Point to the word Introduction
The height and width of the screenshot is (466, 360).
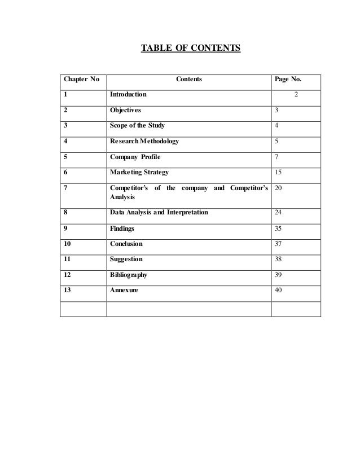pos(128,94)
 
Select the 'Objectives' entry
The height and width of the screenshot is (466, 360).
pos(126,110)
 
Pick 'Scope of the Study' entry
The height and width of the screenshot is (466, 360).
pos(137,125)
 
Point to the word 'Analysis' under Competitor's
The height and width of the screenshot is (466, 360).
pos(123,199)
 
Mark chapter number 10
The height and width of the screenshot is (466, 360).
pos(68,244)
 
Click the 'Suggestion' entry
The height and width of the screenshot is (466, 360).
pos(126,260)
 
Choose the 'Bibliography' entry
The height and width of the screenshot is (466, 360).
pos(129,275)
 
